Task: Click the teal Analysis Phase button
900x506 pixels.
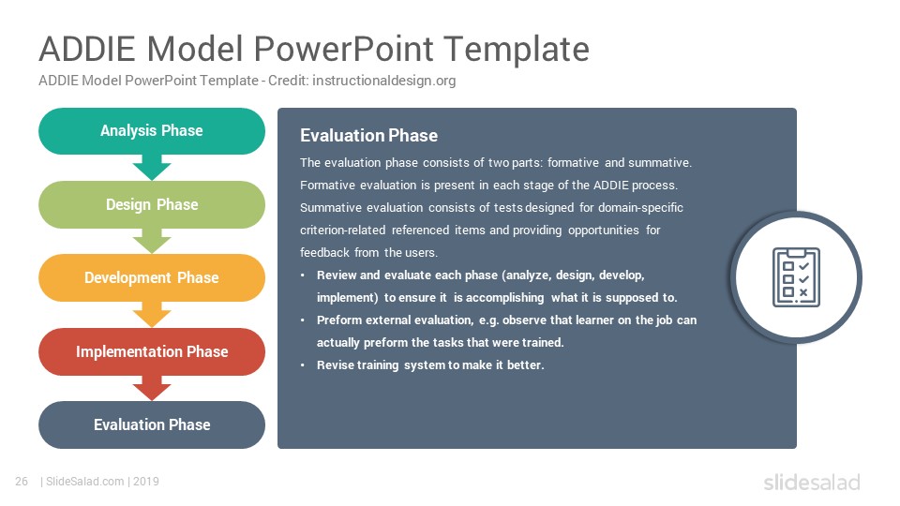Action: pos(152,131)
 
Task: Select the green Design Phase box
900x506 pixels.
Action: pos(152,205)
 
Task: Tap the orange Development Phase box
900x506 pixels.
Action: pos(152,277)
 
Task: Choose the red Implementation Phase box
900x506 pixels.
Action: pos(152,351)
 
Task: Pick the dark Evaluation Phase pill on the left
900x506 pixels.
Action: pos(152,425)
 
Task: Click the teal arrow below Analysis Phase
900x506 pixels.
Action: pos(152,167)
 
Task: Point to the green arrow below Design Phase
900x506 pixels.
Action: pos(152,241)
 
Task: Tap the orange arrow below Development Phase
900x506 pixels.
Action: pos(152,315)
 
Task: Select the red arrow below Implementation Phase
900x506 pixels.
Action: pos(152,388)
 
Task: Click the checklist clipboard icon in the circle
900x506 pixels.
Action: pos(796,277)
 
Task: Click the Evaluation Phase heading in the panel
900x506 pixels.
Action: pos(368,135)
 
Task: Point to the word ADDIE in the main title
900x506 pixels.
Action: pos(86,49)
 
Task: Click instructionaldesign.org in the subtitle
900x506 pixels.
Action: pos(384,81)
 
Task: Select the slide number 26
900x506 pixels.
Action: pos(22,482)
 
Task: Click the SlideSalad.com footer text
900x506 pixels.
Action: pos(85,482)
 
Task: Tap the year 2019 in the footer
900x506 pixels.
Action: pos(146,482)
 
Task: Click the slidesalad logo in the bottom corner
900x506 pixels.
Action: pos(812,482)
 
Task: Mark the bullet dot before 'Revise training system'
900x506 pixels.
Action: pos(303,365)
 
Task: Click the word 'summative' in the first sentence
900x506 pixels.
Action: pos(660,163)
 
